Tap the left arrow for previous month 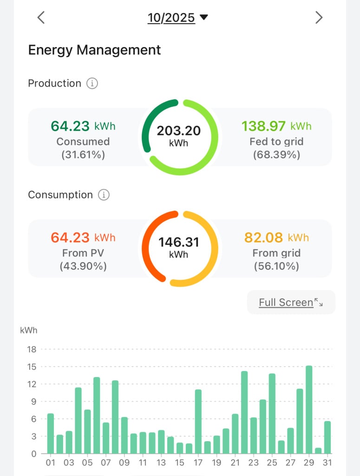[x=41, y=18]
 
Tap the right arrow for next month [x=319, y=18]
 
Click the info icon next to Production [x=92, y=84]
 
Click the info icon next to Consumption [x=104, y=195]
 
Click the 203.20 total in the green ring [x=179, y=131]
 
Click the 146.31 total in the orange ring [x=179, y=242]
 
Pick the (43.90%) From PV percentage [x=83, y=266]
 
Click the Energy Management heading [x=94, y=50]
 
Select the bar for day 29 [x=309, y=410]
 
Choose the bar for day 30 [x=318, y=450]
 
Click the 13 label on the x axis [x=161, y=463]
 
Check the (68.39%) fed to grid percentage [x=276, y=155]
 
